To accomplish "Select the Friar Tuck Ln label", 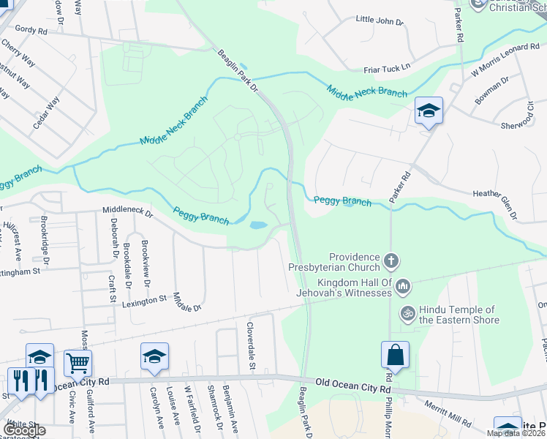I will point(388,68).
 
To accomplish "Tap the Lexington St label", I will point(145,301).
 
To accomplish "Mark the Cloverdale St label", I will point(250,345).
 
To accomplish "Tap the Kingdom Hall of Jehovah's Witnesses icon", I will point(403,286).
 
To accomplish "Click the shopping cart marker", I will point(78,361).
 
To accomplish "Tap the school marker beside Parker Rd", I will point(429,110).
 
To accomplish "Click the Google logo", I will point(25,431).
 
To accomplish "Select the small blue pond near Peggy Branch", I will point(258,225).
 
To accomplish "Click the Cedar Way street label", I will point(45,113).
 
